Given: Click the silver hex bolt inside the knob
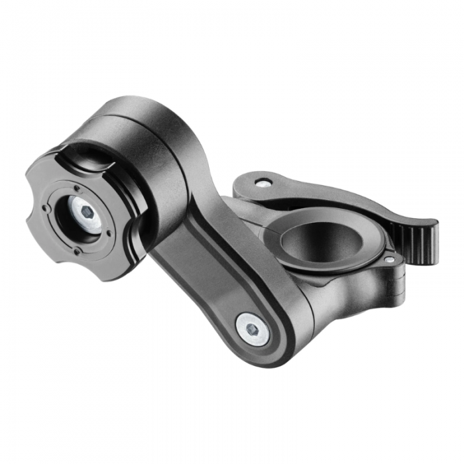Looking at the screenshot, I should tap(86, 213).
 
